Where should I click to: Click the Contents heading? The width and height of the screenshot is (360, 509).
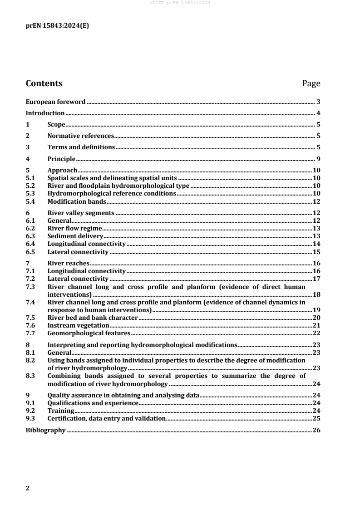(x=44, y=83)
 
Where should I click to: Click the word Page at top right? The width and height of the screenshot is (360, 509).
(x=311, y=83)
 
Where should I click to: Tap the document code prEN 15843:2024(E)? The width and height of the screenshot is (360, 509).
(x=57, y=26)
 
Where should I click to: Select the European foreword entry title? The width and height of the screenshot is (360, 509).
(x=55, y=102)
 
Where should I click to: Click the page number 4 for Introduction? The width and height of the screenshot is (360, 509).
(x=319, y=113)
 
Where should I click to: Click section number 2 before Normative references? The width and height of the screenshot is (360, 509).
(x=28, y=136)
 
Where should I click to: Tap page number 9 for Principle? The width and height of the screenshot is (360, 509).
(x=319, y=159)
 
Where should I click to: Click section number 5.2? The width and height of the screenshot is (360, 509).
(x=30, y=186)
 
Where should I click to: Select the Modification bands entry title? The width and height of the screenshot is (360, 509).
(x=77, y=201)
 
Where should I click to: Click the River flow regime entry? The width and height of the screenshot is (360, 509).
(x=74, y=228)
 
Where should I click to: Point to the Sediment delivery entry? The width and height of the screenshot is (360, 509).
(x=75, y=236)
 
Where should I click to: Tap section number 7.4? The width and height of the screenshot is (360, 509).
(x=30, y=302)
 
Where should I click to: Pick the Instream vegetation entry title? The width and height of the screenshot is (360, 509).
(x=78, y=325)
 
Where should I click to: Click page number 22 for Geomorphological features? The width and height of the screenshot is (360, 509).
(x=317, y=333)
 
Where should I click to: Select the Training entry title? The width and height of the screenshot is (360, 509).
(x=61, y=411)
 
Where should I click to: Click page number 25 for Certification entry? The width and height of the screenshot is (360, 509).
(x=317, y=418)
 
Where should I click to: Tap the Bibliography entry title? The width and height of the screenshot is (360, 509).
(x=45, y=430)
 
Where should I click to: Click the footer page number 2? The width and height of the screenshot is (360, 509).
(x=28, y=489)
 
